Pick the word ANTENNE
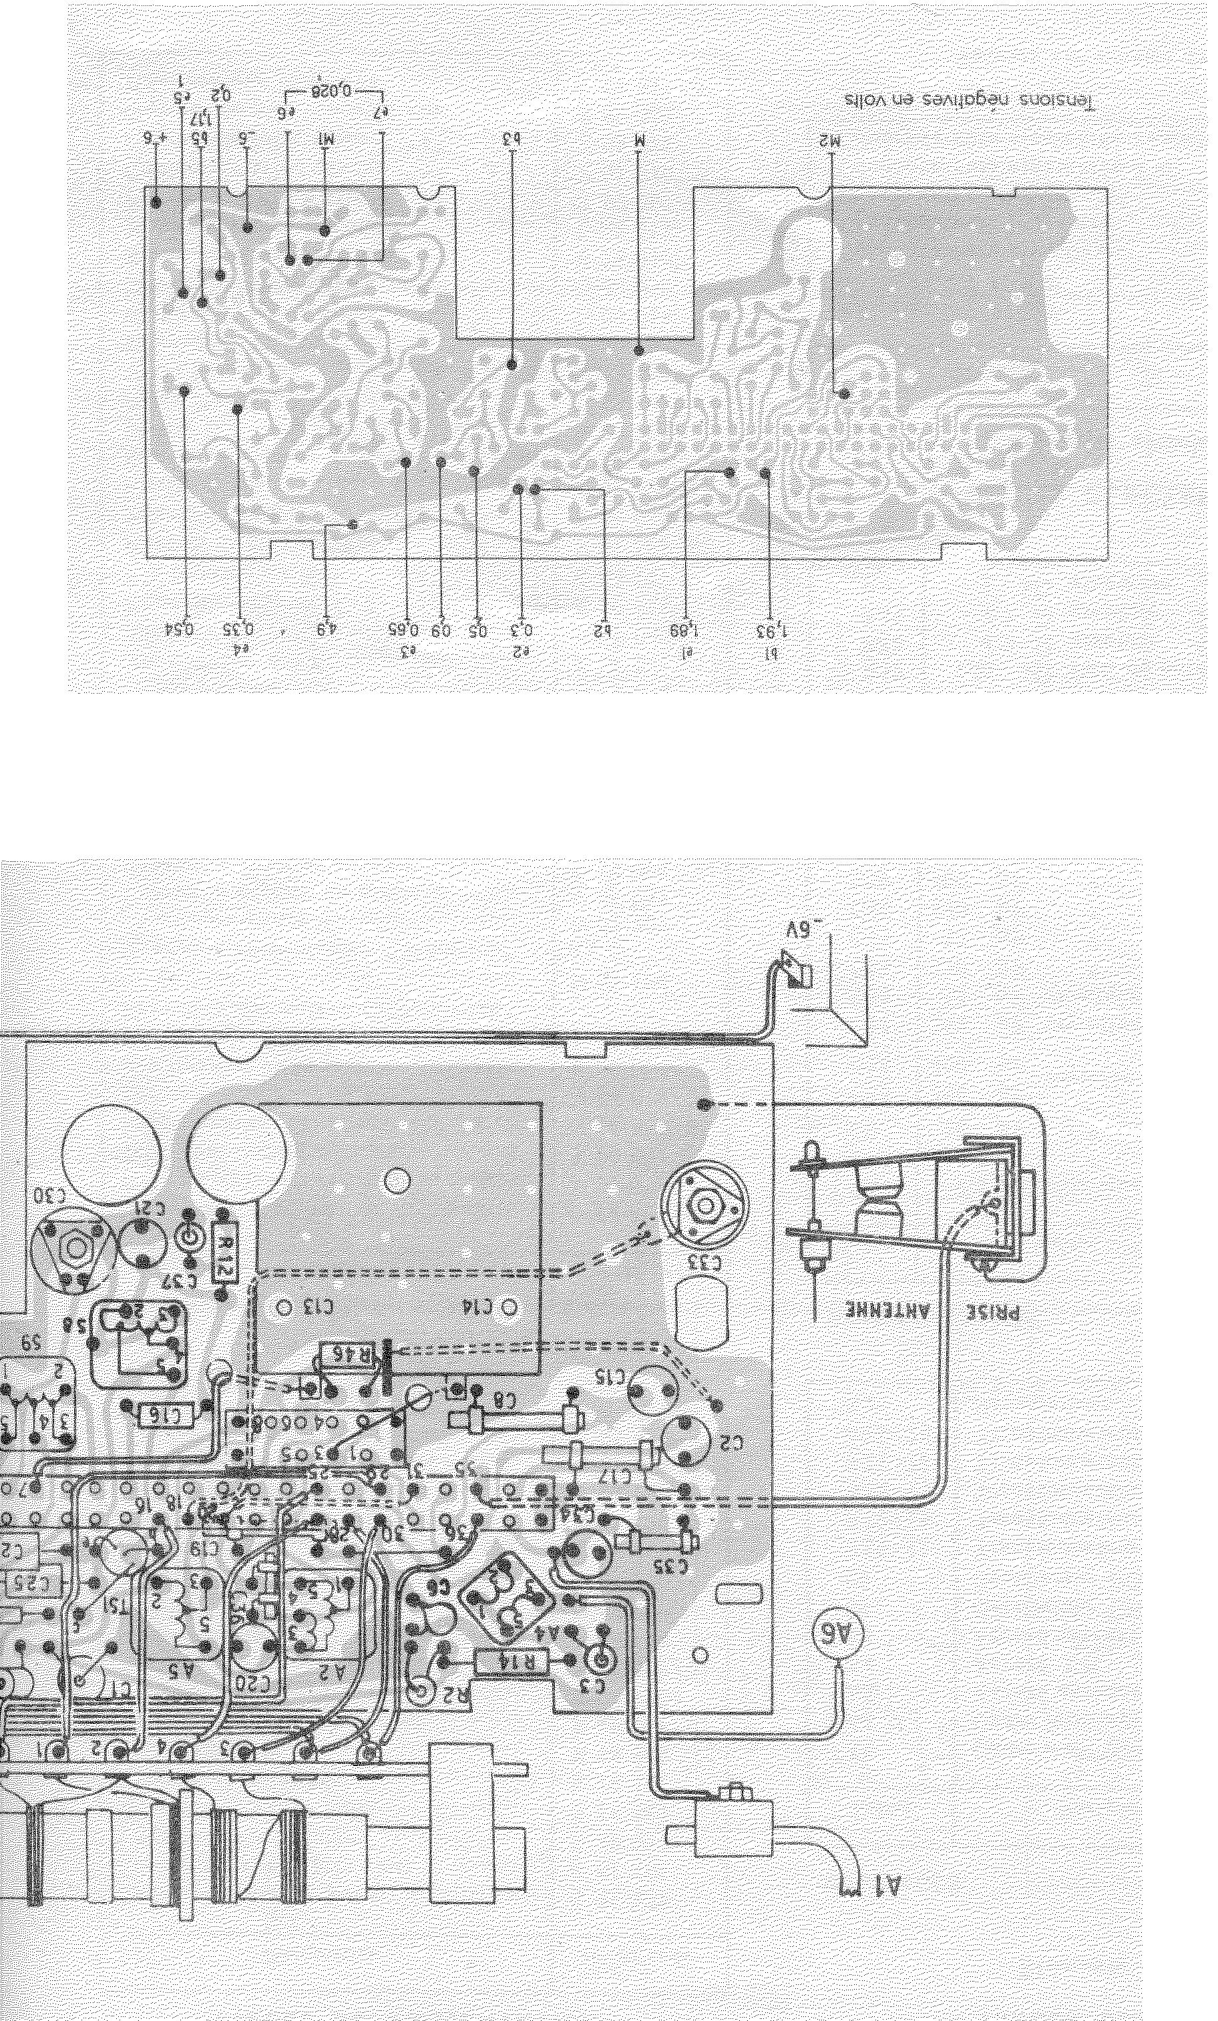pos(866,1310)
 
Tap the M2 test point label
pos(831,141)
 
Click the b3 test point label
pos(512,140)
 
